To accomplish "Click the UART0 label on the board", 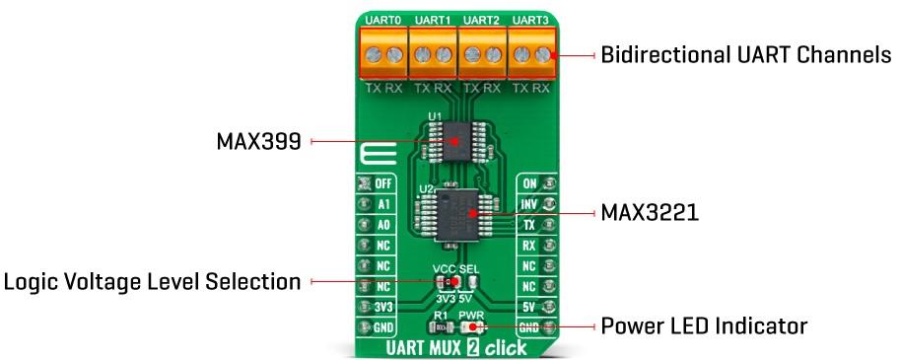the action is [381, 20].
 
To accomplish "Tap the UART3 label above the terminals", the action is [530, 20].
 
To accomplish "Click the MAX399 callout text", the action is [259, 142].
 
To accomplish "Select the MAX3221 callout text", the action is [650, 212].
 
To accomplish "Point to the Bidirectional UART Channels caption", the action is [746, 55].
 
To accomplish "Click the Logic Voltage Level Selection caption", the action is [152, 282].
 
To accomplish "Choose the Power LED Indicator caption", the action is [705, 324].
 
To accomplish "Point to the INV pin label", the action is [529, 205].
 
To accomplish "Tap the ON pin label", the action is [529, 184].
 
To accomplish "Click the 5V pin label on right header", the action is [529, 307].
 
